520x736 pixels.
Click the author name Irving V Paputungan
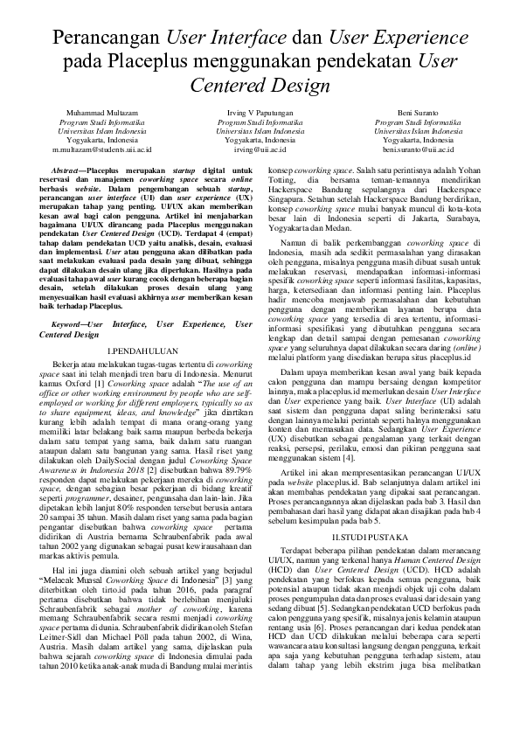click(x=260, y=114)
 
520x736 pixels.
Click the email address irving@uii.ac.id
click(x=260, y=149)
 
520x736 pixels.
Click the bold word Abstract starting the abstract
click(x=70, y=167)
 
